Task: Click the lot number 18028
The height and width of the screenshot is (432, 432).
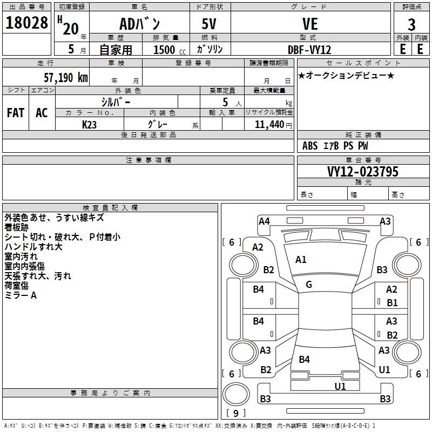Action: click(27, 24)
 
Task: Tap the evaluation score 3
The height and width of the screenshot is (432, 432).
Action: click(411, 24)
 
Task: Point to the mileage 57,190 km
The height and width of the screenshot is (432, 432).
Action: click(65, 78)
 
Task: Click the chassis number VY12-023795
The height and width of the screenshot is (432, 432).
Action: click(363, 172)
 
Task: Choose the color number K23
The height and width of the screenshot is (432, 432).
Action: click(90, 124)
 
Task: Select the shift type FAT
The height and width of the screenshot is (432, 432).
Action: click(15, 112)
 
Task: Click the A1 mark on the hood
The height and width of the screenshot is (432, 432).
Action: click(301, 260)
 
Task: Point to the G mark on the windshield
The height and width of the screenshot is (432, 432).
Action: click(309, 285)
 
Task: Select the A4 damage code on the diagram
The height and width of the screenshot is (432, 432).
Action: click(264, 221)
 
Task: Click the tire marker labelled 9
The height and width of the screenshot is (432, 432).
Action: click(235, 413)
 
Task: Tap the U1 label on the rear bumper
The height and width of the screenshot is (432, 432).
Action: click(340, 386)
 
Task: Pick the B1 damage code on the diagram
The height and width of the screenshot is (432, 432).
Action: click(392, 303)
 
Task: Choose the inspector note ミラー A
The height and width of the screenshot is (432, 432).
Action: click(21, 295)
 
